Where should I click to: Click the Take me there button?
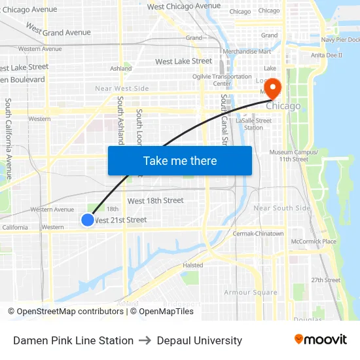coord(180,160)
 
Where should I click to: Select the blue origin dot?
coord(88,220)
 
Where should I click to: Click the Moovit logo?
coord(321,340)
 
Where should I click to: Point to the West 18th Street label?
coord(155,200)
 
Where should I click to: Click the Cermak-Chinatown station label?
coord(258,234)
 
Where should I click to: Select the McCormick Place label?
coord(314,242)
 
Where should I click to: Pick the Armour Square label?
coord(251,293)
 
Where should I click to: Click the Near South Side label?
coord(281,208)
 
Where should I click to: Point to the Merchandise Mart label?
coord(247,51)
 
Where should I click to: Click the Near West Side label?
coord(122,88)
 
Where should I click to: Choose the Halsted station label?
coord(192,265)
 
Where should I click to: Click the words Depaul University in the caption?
coord(200,340)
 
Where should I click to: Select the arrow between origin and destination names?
coord(145,340)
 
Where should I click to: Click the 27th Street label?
coord(325,280)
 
